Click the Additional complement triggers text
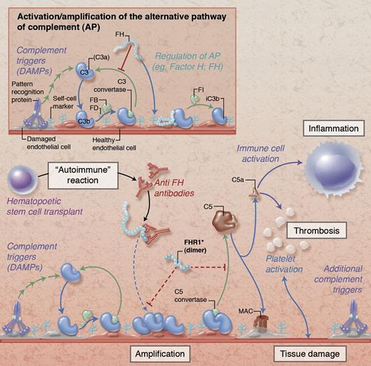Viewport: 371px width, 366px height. click(335, 278)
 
